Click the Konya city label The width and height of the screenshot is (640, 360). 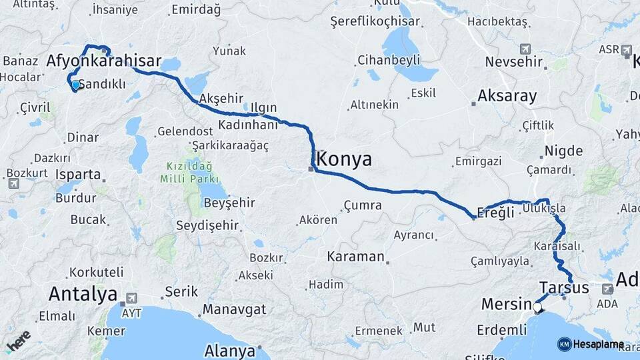point(345,159)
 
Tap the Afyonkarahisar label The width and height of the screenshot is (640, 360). point(103,62)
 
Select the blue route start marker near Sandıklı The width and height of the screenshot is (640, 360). point(75,85)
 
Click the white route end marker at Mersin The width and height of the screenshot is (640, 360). point(537,308)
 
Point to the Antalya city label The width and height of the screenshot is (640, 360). point(83,294)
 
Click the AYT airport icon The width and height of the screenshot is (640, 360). point(131,298)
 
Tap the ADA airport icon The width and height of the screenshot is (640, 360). point(607,289)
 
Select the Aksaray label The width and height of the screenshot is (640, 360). point(507,96)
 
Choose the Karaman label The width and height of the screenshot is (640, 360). point(355,257)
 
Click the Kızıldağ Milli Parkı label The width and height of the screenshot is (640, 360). point(189,172)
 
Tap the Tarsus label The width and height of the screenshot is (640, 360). point(564,288)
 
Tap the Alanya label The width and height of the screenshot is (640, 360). point(230,351)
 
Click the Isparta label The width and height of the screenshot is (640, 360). point(79,175)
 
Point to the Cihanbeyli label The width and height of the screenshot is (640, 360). point(389,61)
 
